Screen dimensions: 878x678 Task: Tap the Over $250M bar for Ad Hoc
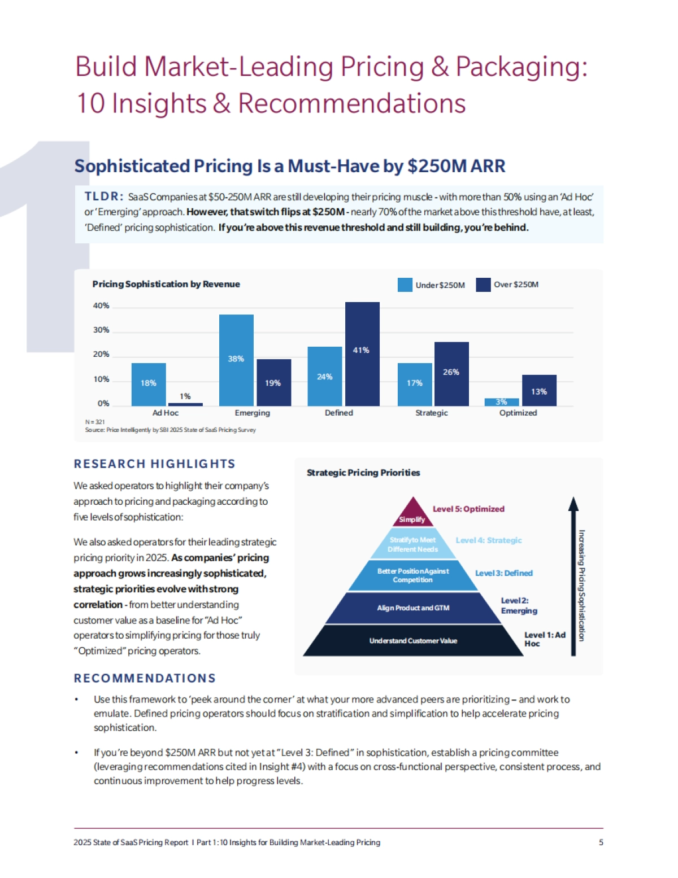[185, 404]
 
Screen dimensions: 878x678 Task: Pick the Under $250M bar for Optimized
[501, 402]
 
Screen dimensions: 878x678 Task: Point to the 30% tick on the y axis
[101, 330]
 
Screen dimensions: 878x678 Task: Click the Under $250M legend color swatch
[405, 285]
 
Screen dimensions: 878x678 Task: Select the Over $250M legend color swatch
[483, 285]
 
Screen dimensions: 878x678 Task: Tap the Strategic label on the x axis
[432, 413]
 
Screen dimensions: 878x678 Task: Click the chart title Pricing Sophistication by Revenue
[166, 284]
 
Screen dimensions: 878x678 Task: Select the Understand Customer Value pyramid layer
[413, 641]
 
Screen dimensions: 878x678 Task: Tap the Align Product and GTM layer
[413, 608]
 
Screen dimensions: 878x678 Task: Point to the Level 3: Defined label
[504, 573]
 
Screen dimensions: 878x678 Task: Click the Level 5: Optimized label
[468, 509]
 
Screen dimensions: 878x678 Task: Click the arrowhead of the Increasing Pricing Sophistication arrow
[573, 503]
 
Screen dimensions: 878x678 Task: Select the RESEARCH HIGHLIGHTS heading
[154, 464]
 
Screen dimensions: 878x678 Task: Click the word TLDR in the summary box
[103, 196]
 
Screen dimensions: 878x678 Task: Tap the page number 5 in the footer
[601, 842]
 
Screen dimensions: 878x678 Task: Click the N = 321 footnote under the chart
[95, 422]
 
